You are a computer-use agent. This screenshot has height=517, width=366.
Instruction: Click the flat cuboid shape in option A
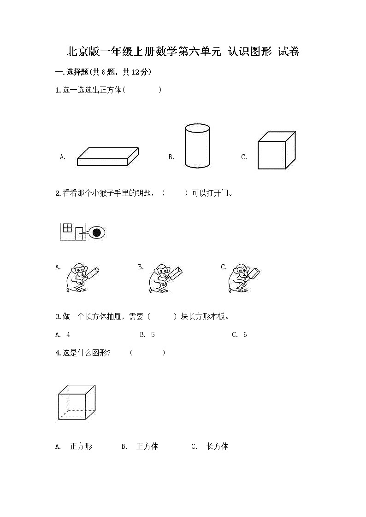[x=108, y=157]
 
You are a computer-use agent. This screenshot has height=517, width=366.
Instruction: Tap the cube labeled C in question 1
[x=276, y=150]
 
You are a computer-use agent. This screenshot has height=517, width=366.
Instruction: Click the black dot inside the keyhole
[x=96, y=233]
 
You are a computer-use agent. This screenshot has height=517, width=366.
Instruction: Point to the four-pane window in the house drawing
[x=67, y=227]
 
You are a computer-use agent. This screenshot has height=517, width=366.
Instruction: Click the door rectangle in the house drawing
[x=79, y=233]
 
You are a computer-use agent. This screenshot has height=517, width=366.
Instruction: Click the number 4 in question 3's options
[x=68, y=335]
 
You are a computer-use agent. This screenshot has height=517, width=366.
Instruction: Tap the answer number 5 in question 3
[x=153, y=335]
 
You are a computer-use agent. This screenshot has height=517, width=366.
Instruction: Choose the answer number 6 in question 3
[x=245, y=335]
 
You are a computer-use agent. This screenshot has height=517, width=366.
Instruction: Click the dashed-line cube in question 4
[x=77, y=402]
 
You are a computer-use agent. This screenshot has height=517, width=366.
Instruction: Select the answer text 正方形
[x=81, y=446]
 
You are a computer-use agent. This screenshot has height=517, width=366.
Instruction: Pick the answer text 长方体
[x=217, y=446]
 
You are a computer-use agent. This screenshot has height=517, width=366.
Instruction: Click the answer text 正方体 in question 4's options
[x=148, y=446]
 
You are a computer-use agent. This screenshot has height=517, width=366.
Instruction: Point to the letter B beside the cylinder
[x=171, y=157]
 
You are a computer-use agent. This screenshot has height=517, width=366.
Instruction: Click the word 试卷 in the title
[x=289, y=52]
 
